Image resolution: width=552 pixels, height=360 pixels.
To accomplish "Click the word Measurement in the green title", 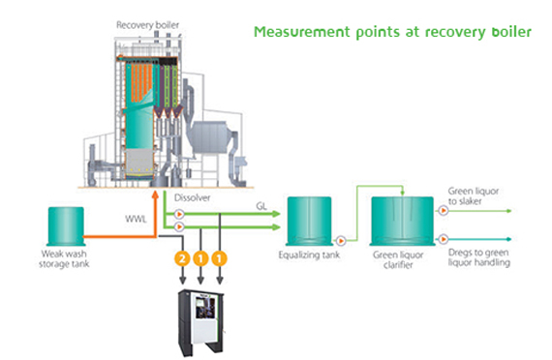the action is tap(302, 32).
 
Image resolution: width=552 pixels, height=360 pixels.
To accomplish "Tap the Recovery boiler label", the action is tap(147, 25).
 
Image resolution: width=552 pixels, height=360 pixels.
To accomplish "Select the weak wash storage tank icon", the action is tap(66, 225).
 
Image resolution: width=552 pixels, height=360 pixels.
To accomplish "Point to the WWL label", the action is tap(136, 219).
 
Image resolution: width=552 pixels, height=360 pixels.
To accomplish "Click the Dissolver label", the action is tap(192, 197).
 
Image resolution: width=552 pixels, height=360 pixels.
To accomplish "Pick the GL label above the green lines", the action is tap(261, 206).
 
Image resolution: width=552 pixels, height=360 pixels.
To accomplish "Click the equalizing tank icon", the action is tap(310, 221).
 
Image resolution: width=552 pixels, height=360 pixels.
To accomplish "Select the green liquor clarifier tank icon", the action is tap(402, 221).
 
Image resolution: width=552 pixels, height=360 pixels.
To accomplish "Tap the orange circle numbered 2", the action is tap(182, 259).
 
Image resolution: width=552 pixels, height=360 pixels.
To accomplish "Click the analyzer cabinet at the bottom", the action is tap(201, 322).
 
